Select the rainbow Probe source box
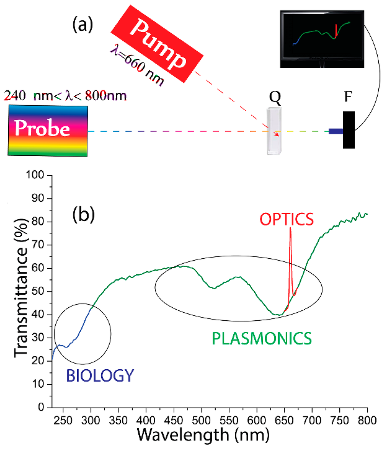point(48,130)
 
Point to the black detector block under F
point(349,129)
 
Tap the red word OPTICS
point(286,220)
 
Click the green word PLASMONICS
point(262,339)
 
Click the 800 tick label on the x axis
point(367,419)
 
